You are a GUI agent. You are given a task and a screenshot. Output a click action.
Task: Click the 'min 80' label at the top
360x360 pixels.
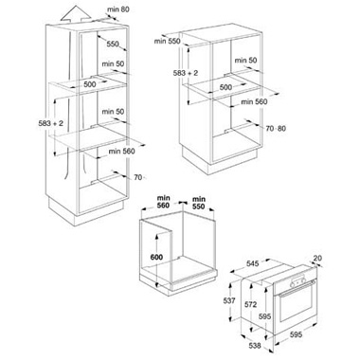point(118,9)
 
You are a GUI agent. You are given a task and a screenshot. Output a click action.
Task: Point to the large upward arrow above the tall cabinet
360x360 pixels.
point(75,13)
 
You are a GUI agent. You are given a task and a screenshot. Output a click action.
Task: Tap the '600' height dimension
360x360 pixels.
point(156,257)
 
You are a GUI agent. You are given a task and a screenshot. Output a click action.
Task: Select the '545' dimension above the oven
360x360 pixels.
point(253,263)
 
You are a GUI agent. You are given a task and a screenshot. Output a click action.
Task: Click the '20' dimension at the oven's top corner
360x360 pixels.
point(317,259)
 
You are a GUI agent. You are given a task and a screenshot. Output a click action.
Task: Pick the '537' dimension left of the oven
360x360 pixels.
point(229,300)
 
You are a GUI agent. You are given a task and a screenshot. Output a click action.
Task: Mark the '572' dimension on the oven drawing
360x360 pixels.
point(250,305)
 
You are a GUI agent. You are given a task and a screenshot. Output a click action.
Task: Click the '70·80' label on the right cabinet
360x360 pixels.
point(276,129)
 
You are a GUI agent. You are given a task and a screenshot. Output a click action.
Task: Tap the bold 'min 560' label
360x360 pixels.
point(164,202)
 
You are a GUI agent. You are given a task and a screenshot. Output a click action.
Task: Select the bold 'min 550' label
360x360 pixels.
point(199,203)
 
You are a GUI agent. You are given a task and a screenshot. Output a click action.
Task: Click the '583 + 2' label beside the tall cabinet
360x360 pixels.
point(51,123)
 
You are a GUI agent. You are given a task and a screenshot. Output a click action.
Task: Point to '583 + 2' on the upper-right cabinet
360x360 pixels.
point(186,73)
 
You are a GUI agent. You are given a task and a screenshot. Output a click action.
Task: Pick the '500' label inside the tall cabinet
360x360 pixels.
point(90,84)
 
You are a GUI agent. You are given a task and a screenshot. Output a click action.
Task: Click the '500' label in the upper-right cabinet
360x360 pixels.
point(225,87)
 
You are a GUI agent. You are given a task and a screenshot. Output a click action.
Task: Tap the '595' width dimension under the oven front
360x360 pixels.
point(296,334)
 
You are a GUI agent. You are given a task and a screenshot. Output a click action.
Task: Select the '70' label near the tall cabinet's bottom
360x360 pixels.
point(138,177)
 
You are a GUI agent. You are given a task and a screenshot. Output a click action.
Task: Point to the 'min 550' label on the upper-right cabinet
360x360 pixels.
point(167,41)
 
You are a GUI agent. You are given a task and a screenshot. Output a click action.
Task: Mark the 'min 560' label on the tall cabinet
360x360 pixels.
point(121,152)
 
